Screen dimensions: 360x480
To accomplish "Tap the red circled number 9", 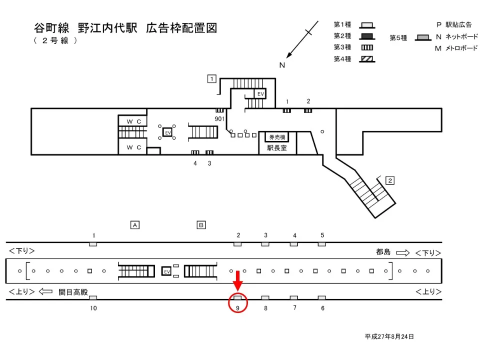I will click(238, 308).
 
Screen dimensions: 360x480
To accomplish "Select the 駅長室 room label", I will click(277, 147).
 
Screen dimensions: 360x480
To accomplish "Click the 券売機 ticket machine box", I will click(277, 137).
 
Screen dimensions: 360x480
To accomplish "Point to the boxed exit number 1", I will click(212, 78).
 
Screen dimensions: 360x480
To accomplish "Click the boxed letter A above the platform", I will click(134, 225).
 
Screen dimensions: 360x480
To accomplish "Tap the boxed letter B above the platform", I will click(201, 225).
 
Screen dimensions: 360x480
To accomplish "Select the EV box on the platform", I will click(167, 271).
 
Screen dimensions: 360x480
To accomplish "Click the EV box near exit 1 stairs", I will click(260, 93).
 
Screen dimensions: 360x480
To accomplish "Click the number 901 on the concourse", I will click(219, 119).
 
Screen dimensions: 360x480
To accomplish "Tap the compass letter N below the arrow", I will click(282, 65).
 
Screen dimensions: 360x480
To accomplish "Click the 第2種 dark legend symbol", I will click(367, 36).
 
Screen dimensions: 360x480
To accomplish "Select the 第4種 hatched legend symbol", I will click(367, 58).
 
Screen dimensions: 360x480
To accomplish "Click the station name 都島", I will click(383, 252).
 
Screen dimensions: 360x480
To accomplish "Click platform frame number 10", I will click(93, 308).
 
